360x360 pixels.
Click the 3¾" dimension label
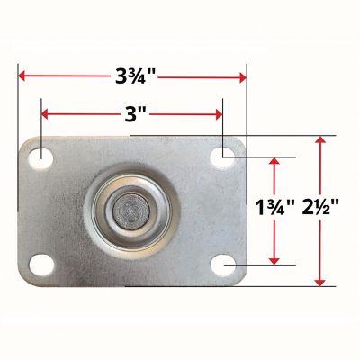click(x=131, y=76)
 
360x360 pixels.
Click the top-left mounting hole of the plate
click(x=40, y=157)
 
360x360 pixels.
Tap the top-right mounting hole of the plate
click(x=221, y=157)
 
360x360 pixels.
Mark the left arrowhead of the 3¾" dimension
click(x=22, y=77)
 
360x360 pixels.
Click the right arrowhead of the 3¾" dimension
click(x=241, y=77)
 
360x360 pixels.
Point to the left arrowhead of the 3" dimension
click(x=45, y=115)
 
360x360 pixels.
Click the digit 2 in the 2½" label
click(x=310, y=211)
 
